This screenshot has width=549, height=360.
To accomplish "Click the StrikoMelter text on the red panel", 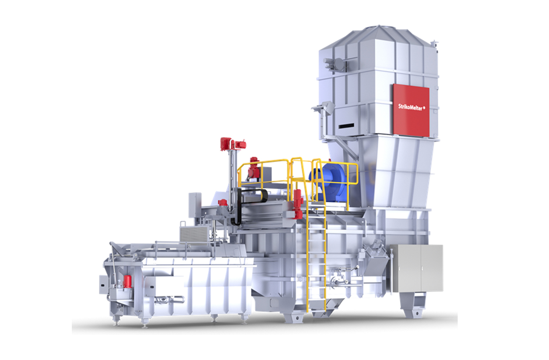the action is click(x=410, y=107).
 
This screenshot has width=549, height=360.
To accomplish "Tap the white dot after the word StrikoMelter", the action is click(x=424, y=107).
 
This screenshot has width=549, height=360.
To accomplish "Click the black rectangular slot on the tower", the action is click(x=347, y=126).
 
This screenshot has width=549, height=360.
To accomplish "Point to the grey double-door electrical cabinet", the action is click(x=416, y=268).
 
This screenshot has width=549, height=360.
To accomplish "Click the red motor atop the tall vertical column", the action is click(x=233, y=144).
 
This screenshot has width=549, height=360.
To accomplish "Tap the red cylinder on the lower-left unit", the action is click(x=127, y=281).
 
